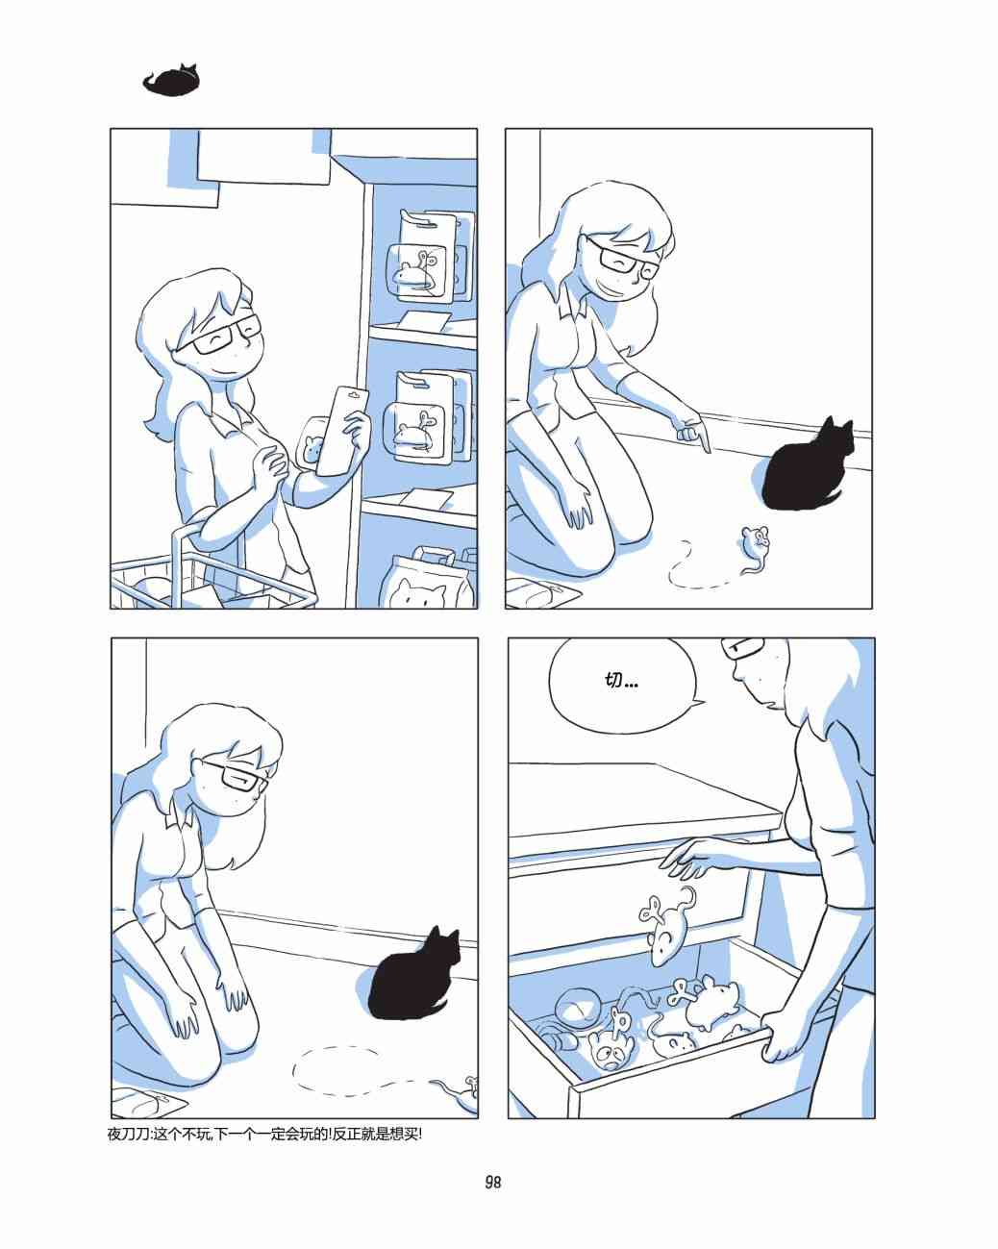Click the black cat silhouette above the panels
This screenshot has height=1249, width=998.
click(171, 82)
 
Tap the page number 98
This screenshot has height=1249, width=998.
click(493, 1183)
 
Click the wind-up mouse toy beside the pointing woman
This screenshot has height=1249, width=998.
click(755, 546)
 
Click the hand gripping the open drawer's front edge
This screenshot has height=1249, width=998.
click(781, 1043)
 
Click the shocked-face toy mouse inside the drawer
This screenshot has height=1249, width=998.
click(610, 1051)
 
